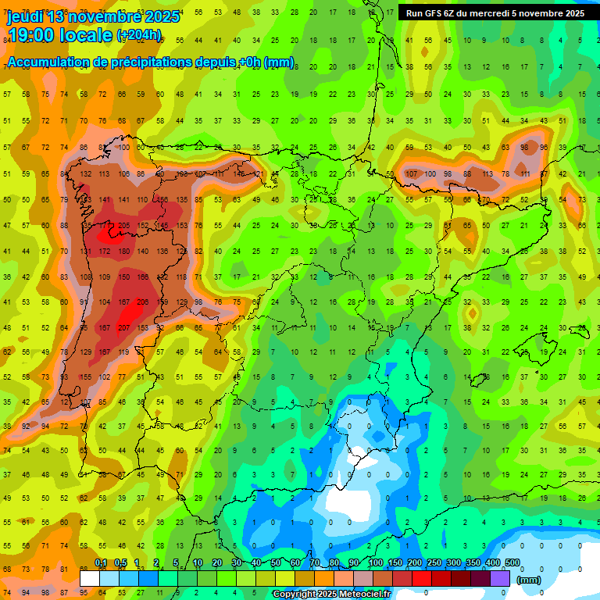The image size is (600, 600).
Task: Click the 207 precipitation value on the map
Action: click(x=123, y=328)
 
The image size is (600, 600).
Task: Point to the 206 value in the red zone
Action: click(x=142, y=302)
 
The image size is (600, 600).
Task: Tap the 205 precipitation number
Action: click(x=123, y=226)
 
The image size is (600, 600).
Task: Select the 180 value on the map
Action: click(x=123, y=252)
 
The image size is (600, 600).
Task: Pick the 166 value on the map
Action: click(x=142, y=277)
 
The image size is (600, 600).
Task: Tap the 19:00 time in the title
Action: click(x=34, y=35)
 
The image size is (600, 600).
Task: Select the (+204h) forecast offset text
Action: click(x=139, y=35)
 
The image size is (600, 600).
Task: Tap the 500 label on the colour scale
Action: click(x=512, y=562)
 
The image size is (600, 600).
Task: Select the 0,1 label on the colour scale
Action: click(x=101, y=562)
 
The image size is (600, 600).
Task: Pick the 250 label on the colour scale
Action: click(x=434, y=562)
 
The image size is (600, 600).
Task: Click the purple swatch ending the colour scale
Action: click(x=502, y=578)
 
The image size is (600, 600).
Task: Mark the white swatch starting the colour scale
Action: click(x=90, y=578)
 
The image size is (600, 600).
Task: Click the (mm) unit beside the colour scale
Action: click(x=529, y=580)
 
